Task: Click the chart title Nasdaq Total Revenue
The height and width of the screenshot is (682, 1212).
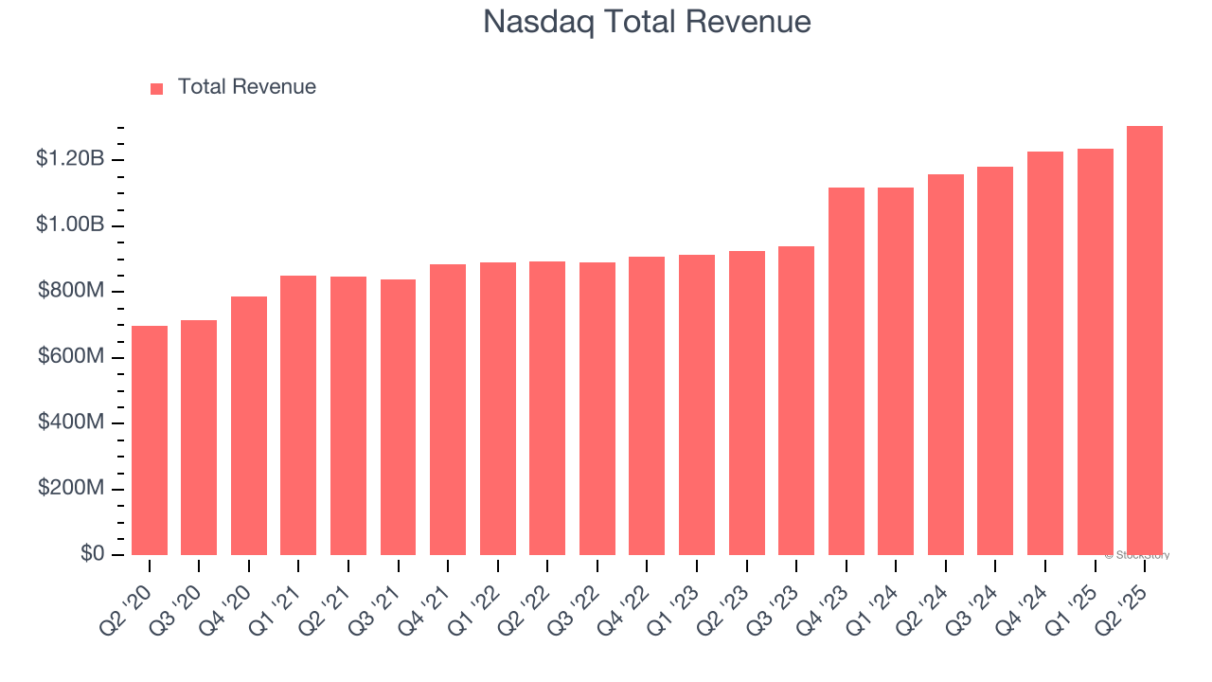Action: click(x=647, y=22)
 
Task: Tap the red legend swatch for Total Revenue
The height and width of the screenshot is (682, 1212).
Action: click(x=157, y=88)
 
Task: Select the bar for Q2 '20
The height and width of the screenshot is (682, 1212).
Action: click(x=150, y=440)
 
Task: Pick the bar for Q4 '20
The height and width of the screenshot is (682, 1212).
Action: click(x=249, y=425)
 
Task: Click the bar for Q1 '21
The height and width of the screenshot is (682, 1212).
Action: click(x=298, y=415)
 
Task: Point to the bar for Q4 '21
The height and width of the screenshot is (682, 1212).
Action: click(x=448, y=409)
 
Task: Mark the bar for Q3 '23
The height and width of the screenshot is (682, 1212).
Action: click(x=796, y=401)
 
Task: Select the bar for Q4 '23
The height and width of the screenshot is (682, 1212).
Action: click(x=847, y=371)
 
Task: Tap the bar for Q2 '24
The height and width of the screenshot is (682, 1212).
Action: click(x=946, y=365)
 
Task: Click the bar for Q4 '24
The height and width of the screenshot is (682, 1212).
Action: click(x=1045, y=353)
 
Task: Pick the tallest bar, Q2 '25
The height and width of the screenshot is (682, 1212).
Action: click(x=1145, y=340)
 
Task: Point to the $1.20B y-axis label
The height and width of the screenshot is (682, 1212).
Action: click(x=70, y=159)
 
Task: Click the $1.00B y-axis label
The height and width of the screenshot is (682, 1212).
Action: click(x=70, y=225)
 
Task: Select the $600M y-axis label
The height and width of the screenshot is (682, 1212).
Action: click(x=71, y=357)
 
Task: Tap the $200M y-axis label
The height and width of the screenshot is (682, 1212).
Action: click(x=71, y=489)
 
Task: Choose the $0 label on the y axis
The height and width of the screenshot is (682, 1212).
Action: click(x=92, y=554)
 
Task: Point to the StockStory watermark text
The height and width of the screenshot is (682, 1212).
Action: click(x=1137, y=555)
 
